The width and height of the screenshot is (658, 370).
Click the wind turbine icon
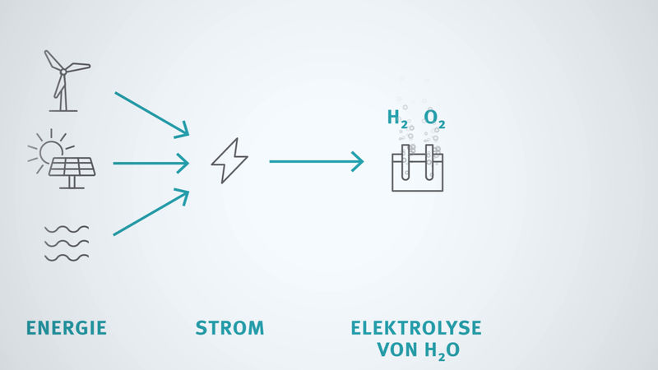click(63, 80)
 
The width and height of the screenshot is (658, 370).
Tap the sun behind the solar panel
click(49, 150)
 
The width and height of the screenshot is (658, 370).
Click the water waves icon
click(67, 243)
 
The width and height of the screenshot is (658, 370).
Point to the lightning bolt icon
click(229, 161)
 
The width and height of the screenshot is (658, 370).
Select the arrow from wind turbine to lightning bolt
click(151, 114)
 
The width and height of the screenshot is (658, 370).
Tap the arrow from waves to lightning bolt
click(151, 212)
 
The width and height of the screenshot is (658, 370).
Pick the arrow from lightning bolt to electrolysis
click(316, 162)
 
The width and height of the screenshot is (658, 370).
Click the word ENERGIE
click(67, 329)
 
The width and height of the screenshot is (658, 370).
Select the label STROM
click(229, 329)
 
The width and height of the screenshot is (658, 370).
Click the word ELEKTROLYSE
click(416, 329)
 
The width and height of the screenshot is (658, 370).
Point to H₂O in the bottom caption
click(441, 351)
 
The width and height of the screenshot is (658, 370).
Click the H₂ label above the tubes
click(397, 119)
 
